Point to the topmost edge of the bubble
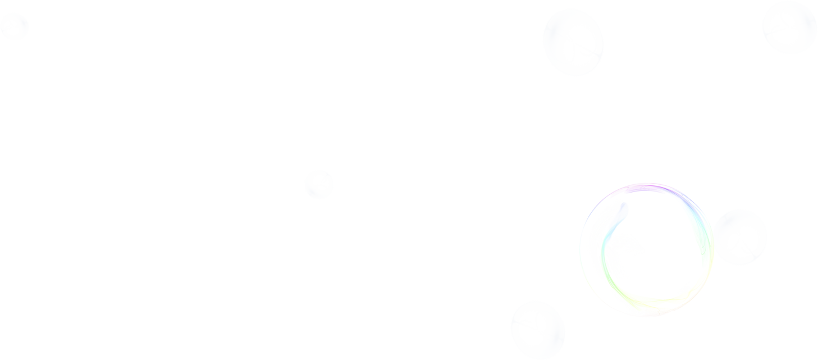(647, 183)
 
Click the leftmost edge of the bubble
(579, 250)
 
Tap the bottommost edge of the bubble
(647, 318)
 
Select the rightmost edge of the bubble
(715, 250)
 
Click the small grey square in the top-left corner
(28, 22)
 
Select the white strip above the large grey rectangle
(263, 22)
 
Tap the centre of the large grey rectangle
(263, 122)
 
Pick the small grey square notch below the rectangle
(441, 222)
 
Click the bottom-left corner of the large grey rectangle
(57, 199)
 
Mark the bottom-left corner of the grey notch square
(414, 244)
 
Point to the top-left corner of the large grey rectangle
(57, 45)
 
